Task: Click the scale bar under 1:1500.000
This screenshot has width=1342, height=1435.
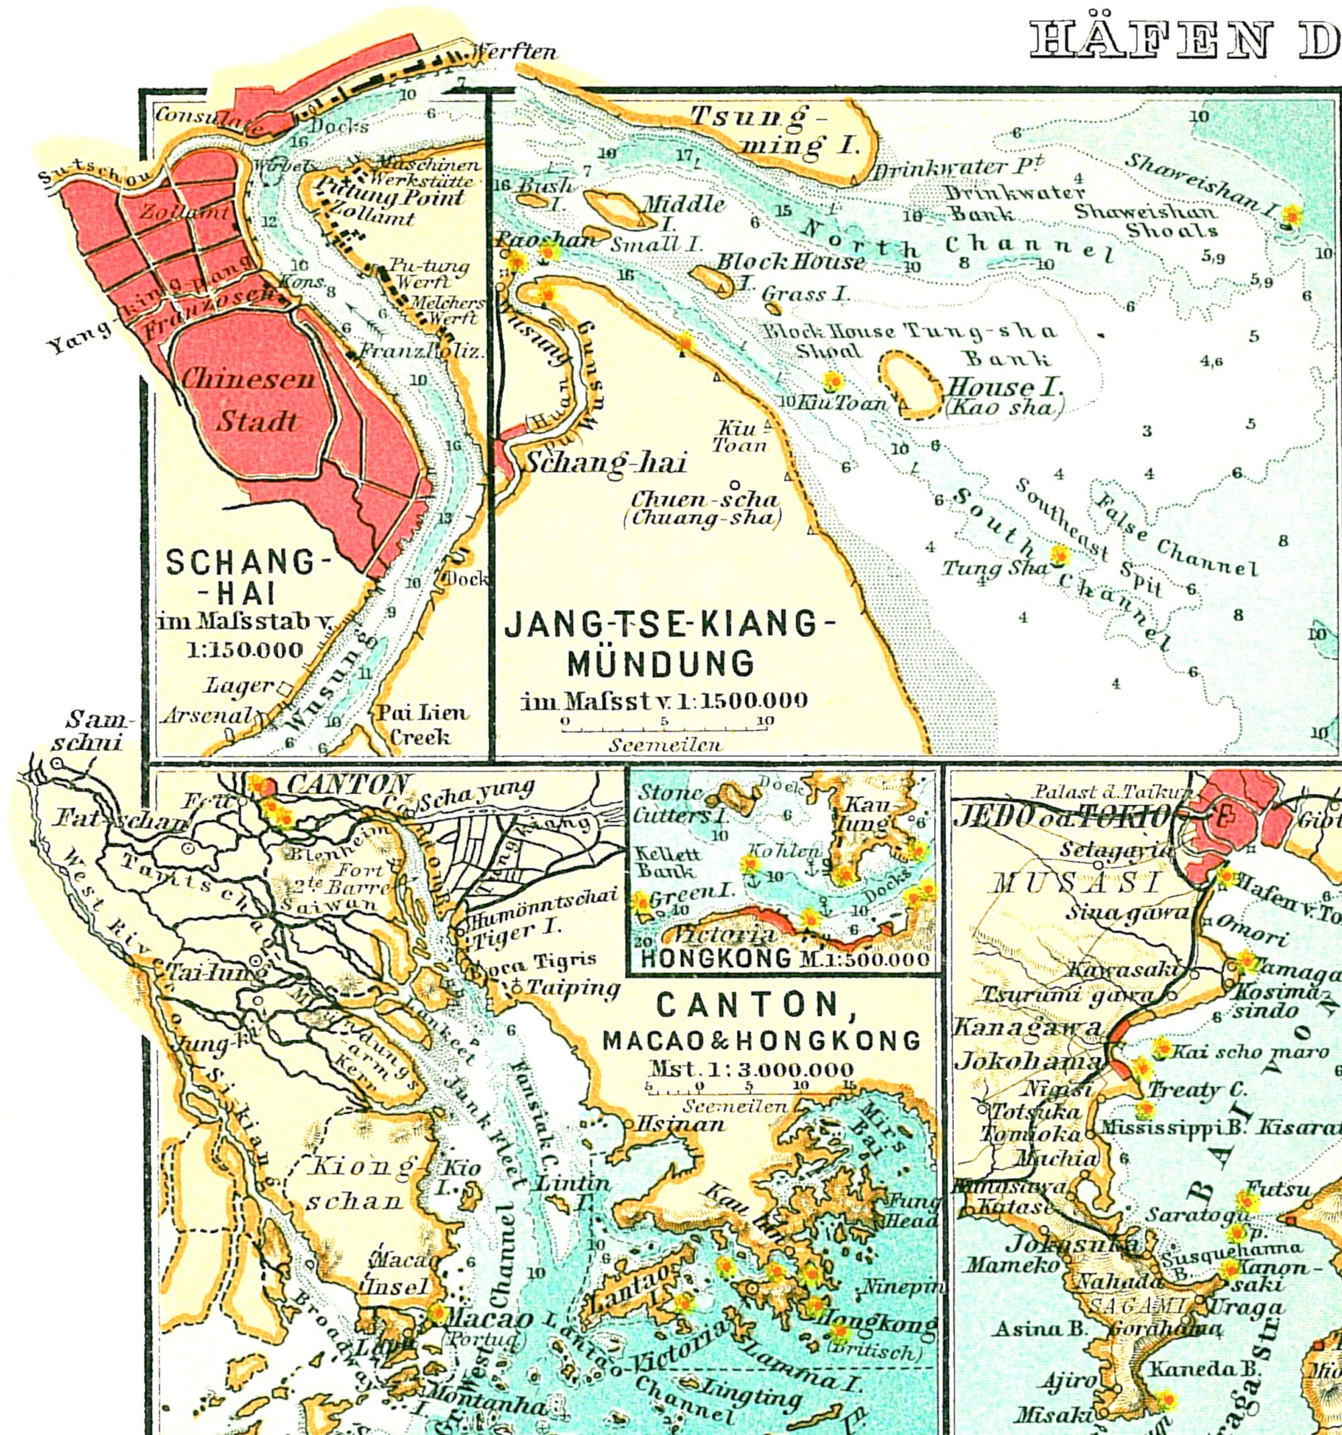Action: click(665, 730)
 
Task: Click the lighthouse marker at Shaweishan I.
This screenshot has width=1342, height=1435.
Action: click(1290, 216)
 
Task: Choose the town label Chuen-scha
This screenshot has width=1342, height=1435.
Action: click(705, 507)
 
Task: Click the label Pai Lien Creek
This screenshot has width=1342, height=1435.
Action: click(423, 725)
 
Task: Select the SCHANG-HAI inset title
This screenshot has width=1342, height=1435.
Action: click(242, 577)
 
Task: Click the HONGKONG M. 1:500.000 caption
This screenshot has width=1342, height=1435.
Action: click(784, 959)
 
